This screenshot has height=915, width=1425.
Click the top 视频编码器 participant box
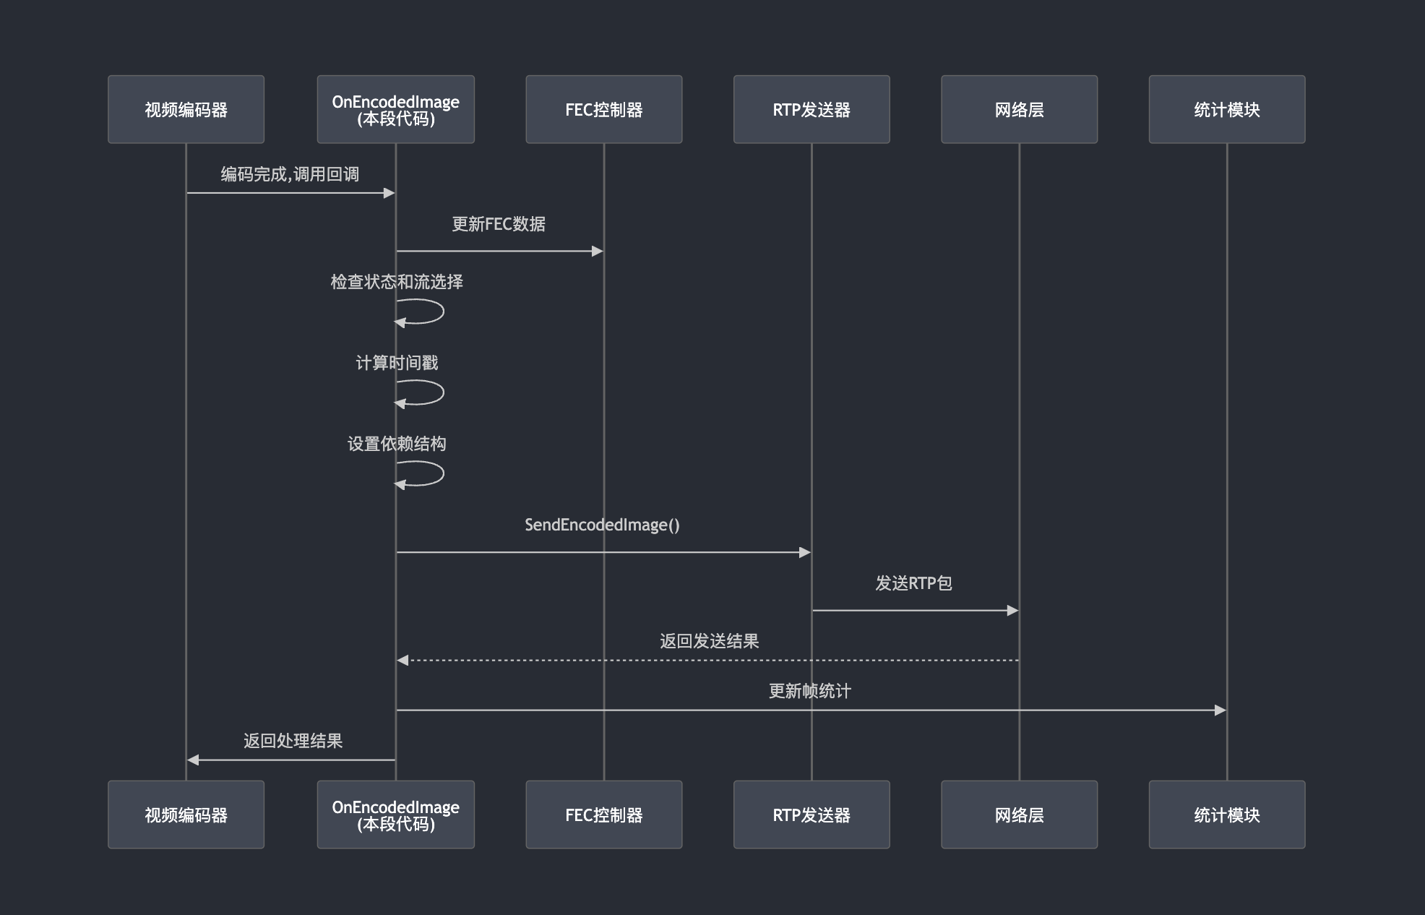(186, 109)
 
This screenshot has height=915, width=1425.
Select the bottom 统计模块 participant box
(1226, 815)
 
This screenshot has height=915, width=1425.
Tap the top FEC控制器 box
(603, 109)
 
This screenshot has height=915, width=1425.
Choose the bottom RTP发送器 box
(811, 815)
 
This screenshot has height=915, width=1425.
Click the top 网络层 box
(1019, 109)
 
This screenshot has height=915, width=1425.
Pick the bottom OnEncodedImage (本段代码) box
(395, 815)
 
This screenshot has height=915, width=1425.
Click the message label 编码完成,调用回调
(290, 174)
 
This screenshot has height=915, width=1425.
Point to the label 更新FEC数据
(499, 224)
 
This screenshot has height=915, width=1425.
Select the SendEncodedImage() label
(602, 525)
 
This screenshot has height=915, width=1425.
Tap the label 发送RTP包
(913, 583)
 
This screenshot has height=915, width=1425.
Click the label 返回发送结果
(709, 641)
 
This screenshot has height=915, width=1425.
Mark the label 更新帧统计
(810, 691)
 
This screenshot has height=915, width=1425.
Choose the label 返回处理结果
(293, 741)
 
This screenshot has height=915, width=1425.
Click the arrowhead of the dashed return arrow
(402, 660)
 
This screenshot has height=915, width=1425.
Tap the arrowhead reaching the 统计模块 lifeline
(1220, 710)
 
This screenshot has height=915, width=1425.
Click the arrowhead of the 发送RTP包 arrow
(1012, 611)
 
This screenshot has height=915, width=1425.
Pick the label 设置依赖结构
(397, 444)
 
